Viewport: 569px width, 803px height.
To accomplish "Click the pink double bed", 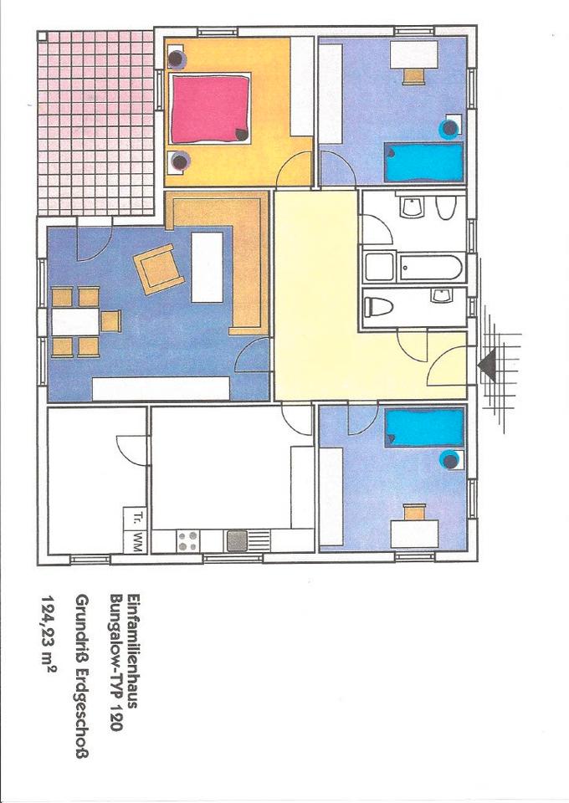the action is click(x=211, y=109).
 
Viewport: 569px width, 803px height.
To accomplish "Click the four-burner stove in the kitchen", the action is click(x=188, y=541).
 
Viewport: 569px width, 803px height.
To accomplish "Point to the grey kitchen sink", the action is click(x=237, y=541).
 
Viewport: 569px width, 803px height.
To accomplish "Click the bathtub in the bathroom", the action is click(x=431, y=267).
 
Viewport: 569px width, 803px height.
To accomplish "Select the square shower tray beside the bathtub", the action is click(x=379, y=266).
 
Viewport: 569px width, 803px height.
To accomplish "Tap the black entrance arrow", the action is click(x=487, y=364).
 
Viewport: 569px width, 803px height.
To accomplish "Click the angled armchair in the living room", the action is click(x=159, y=269).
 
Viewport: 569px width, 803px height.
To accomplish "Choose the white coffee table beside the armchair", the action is click(x=208, y=268).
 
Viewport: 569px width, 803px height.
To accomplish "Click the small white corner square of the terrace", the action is click(x=43, y=37).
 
